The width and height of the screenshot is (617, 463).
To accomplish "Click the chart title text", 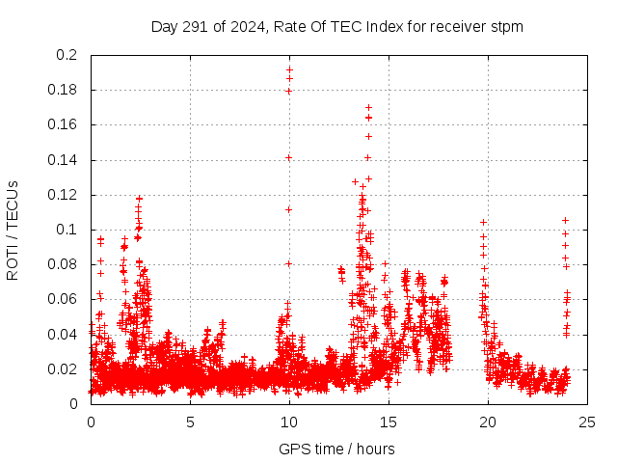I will pos(336,26).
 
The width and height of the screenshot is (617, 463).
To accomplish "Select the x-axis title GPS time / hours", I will pos(336,449).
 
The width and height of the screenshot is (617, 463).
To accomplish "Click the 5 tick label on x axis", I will pos(190,422).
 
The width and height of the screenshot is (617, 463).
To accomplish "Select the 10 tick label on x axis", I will pos(289,422).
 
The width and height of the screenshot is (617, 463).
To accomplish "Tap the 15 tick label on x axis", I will pos(389,422).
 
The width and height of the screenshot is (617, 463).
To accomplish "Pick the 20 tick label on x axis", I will pos(488,422).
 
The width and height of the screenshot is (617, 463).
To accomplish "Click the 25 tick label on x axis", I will pos(587,422).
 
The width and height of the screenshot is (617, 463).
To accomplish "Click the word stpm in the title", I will pos(505,26).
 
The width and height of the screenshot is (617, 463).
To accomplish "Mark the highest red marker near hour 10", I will pos(289,69).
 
